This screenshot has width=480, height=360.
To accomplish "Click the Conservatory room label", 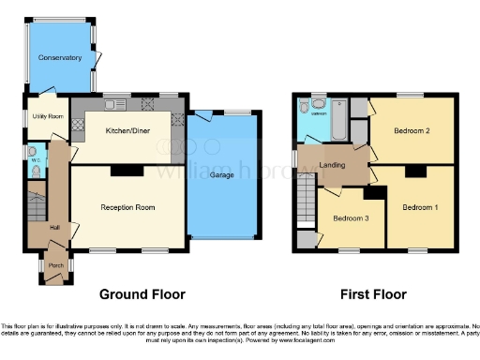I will click(x=60, y=58).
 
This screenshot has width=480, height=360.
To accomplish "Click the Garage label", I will click(x=221, y=175).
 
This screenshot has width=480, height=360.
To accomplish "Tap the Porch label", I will click(x=55, y=265).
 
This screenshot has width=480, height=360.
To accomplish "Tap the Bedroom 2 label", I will click(x=412, y=131).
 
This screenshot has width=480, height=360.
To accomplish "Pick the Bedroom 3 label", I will click(x=351, y=217).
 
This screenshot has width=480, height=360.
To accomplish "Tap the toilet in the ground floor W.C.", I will click(x=33, y=151).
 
